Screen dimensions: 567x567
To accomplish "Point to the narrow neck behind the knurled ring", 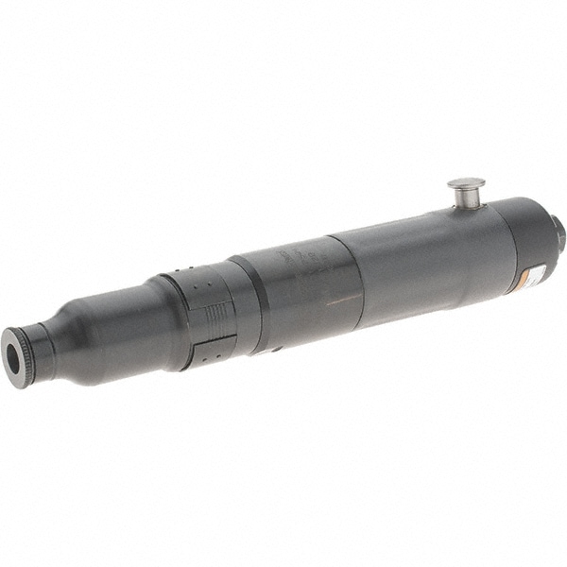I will (43, 346).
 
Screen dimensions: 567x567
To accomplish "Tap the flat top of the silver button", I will (466, 182).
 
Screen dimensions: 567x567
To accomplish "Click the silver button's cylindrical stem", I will (465, 198).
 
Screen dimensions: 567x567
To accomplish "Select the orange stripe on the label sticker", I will (523, 281).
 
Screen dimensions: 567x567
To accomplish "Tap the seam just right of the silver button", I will (497, 214).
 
